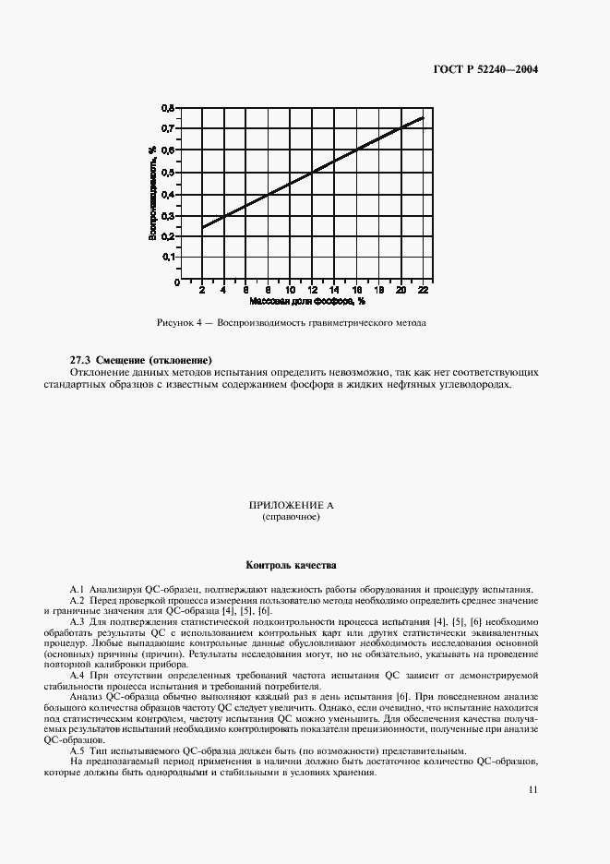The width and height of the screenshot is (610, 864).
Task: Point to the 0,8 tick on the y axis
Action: coord(168,107)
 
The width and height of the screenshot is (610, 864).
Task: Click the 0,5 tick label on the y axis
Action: coord(168,173)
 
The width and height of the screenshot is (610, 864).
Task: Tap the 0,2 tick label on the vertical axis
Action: coord(168,237)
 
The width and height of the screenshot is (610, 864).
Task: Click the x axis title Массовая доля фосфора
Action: coord(306,301)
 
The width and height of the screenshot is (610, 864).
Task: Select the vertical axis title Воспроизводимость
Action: coord(150,193)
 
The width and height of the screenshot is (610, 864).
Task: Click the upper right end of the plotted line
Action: coord(423,118)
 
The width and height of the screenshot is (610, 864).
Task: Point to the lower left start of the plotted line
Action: coord(203,227)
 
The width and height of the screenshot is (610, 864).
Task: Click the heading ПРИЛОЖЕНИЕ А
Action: coord(291,506)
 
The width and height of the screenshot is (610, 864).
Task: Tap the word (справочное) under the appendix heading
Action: coord(291,517)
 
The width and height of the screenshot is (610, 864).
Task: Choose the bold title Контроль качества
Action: coord(291,564)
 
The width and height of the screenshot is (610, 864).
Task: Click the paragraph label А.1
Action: coord(78,589)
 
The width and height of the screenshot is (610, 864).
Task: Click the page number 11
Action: coord(534,789)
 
